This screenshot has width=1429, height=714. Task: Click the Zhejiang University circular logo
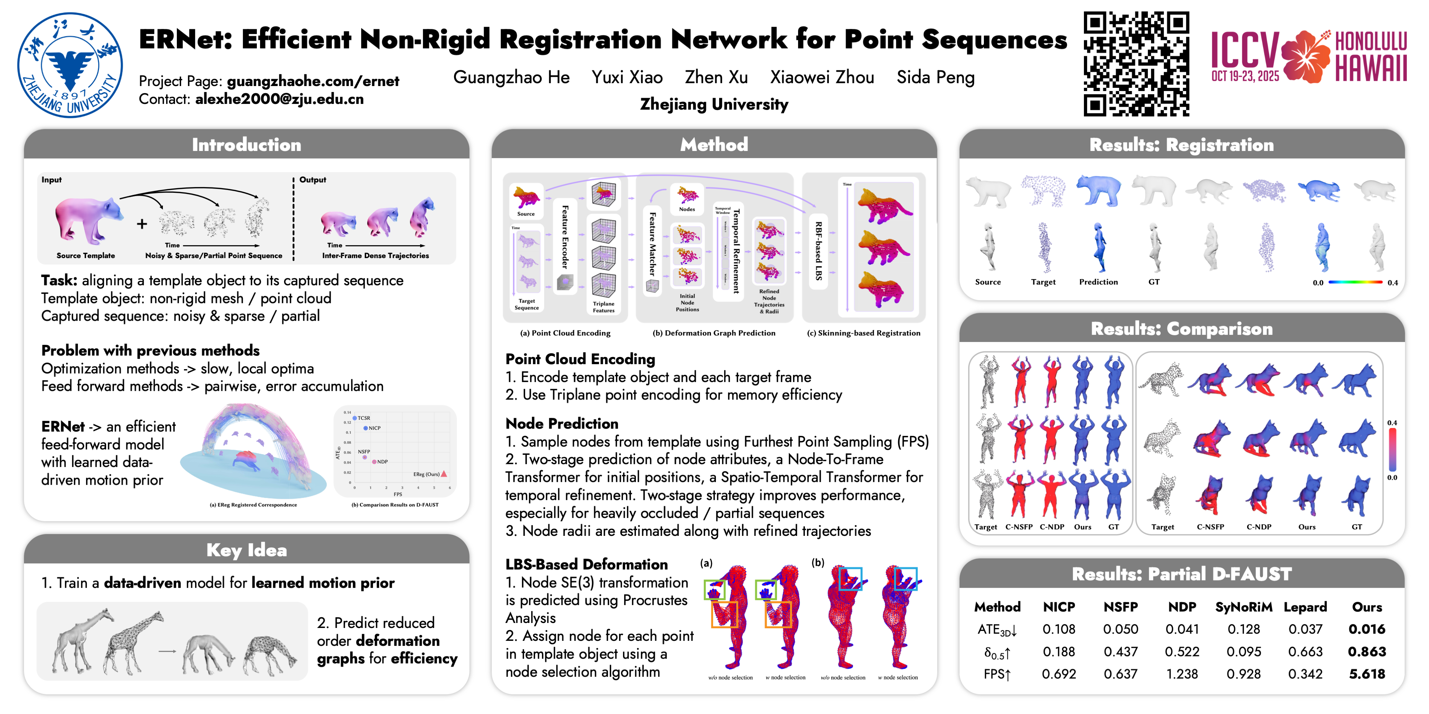coord(70,65)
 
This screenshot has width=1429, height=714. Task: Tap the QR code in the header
coord(1136,64)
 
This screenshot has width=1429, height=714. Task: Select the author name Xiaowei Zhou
coord(822,77)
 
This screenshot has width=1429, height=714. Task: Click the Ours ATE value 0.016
coord(1366,629)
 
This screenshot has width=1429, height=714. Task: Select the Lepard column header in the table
coord(1305,607)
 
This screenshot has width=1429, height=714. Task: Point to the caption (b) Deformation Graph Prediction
coord(714,333)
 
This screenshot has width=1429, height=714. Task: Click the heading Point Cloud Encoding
coord(580,359)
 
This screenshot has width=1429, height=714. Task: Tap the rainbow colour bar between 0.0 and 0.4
coord(1355,282)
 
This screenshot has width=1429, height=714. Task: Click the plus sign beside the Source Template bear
coord(142,223)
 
